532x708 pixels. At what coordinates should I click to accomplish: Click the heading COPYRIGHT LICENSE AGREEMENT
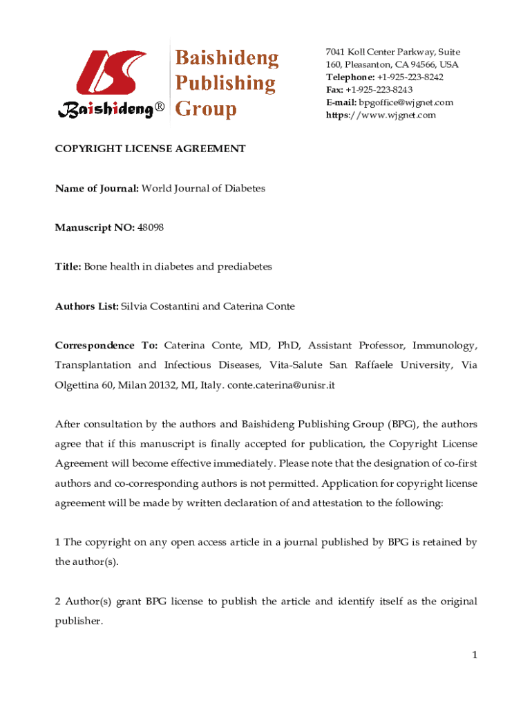pyautogui.click(x=151, y=149)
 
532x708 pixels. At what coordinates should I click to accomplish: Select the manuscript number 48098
pyautogui.click(x=151, y=227)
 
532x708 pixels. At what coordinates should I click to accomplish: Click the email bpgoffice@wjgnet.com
pyautogui.click(x=405, y=102)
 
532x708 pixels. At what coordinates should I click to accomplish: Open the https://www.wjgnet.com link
pyautogui.click(x=381, y=115)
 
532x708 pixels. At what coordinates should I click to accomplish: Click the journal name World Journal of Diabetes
pyautogui.click(x=203, y=188)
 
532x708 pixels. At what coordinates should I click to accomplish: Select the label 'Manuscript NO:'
pyautogui.click(x=95, y=227)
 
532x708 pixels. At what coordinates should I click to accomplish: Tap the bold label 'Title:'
pyautogui.click(x=68, y=266)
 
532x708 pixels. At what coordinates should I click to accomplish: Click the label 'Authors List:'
pyautogui.click(x=87, y=306)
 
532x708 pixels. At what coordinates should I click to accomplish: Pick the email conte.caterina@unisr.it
pyautogui.click(x=281, y=385)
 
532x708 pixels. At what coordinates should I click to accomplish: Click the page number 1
pyautogui.click(x=473, y=655)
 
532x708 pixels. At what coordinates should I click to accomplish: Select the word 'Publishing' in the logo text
pyautogui.click(x=225, y=84)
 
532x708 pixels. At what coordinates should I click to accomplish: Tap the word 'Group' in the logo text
pyautogui.click(x=207, y=109)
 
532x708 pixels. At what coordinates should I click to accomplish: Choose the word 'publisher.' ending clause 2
pyautogui.click(x=79, y=621)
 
